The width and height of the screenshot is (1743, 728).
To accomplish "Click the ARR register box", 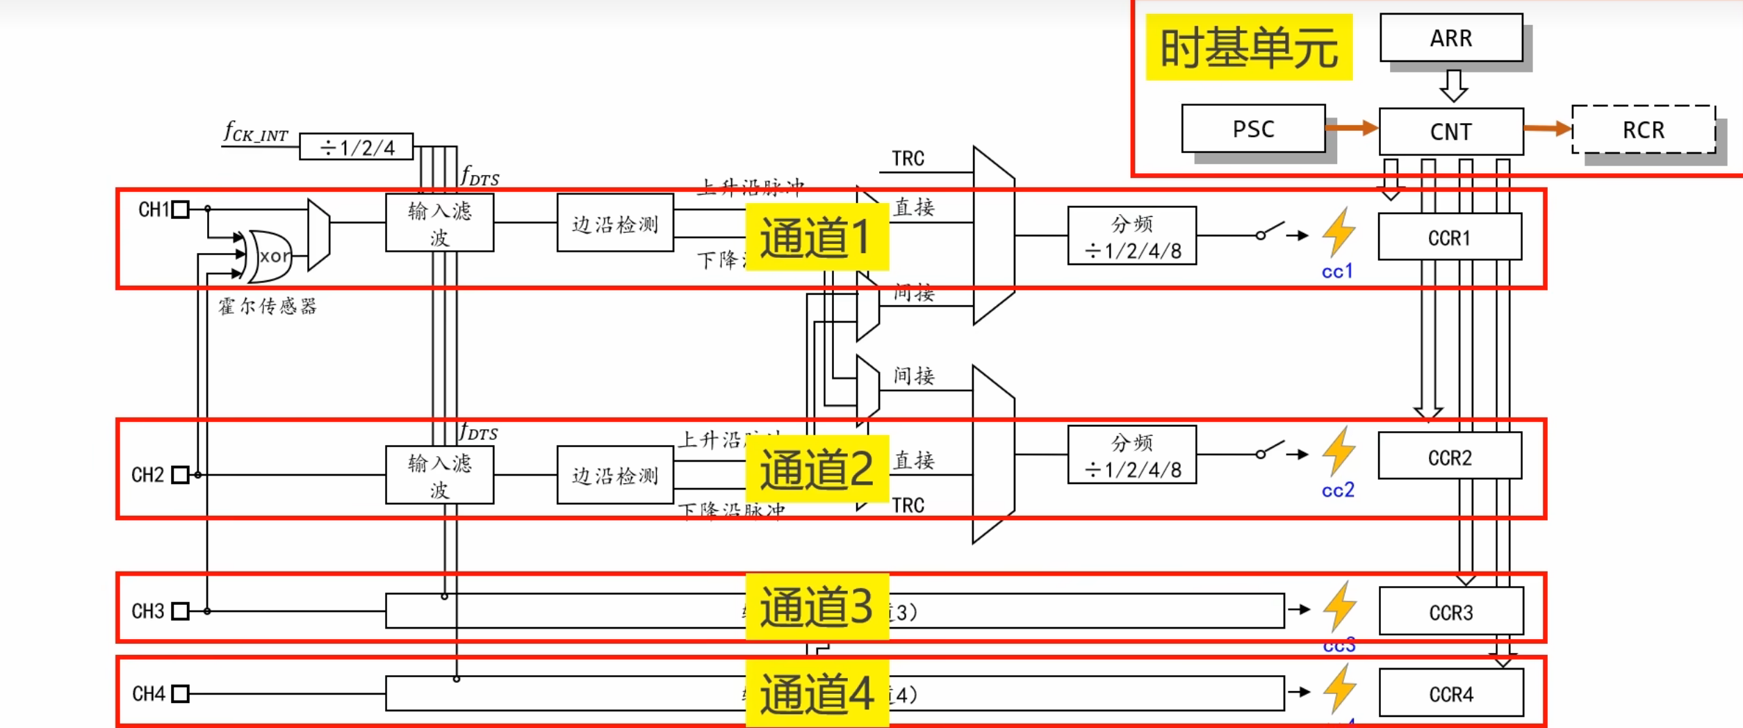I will (1451, 38).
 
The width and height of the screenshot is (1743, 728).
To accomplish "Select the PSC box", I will (1253, 129).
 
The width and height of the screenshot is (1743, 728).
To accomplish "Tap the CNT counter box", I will (1451, 131).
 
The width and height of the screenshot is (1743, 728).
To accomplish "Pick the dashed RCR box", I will (1643, 130).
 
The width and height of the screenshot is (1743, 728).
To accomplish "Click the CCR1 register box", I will (1450, 237).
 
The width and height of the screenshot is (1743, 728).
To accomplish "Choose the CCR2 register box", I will (1450, 457).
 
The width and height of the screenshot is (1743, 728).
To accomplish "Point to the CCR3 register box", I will (1451, 612).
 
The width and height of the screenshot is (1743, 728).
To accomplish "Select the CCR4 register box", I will (1451, 693).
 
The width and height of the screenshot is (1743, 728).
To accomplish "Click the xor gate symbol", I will (271, 256).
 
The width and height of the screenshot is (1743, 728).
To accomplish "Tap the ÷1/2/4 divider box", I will (357, 147).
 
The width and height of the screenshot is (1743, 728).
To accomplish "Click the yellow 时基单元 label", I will (1249, 47).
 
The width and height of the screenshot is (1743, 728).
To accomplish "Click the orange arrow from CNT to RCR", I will (1547, 128).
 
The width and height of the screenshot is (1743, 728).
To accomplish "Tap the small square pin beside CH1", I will (180, 209).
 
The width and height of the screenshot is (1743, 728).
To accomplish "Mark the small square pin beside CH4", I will (180, 694).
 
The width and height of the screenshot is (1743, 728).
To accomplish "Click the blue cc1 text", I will (1337, 271).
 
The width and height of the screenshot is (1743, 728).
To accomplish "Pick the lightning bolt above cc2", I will (1339, 451).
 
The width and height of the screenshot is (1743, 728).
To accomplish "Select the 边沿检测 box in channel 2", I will (615, 476).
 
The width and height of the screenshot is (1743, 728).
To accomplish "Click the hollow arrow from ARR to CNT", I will (1453, 86).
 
